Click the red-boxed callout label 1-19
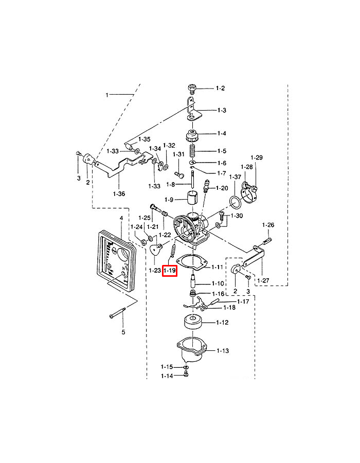(x=170, y=270)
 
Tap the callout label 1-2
(x=220, y=88)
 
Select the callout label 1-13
(x=223, y=351)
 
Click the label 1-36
(x=119, y=194)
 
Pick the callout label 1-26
(x=268, y=225)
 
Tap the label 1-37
(x=235, y=177)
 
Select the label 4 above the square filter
(x=121, y=218)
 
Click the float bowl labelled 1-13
(x=191, y=352)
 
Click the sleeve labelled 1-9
(x=191, y=199)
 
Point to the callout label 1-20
(x=222, y=188)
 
